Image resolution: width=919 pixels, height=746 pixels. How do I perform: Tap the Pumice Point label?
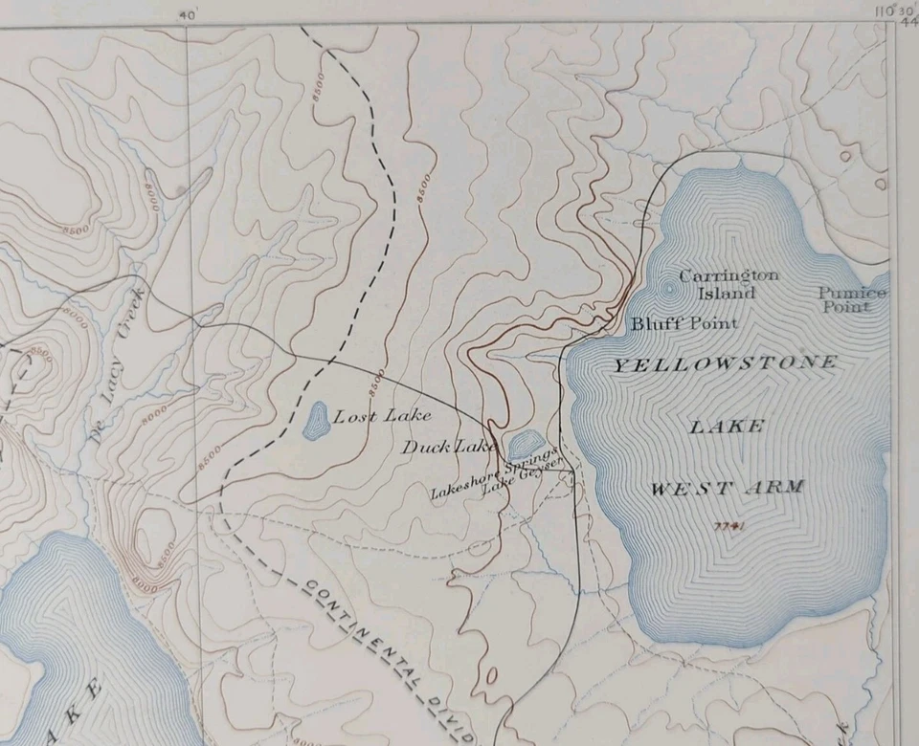(852, 299)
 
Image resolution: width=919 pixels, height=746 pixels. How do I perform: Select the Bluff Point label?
(684, 323)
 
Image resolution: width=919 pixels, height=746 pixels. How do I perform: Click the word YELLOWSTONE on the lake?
(725, 363)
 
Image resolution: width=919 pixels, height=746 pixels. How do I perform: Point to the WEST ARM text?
(728, 488)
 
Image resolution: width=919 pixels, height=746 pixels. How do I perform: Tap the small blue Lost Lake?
(315, 420)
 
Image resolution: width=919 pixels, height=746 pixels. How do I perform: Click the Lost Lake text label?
(382, 415)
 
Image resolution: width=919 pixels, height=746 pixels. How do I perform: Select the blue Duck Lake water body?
(524, 445)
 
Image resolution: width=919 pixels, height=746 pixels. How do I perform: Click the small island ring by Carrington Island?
(666, 286)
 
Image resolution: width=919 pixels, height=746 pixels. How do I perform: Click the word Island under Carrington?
(731, 293)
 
